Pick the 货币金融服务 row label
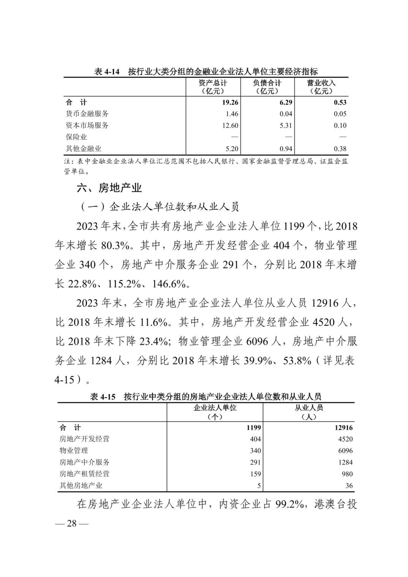click(x=87, y=114)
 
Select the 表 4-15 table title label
click(x=103, y=397)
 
